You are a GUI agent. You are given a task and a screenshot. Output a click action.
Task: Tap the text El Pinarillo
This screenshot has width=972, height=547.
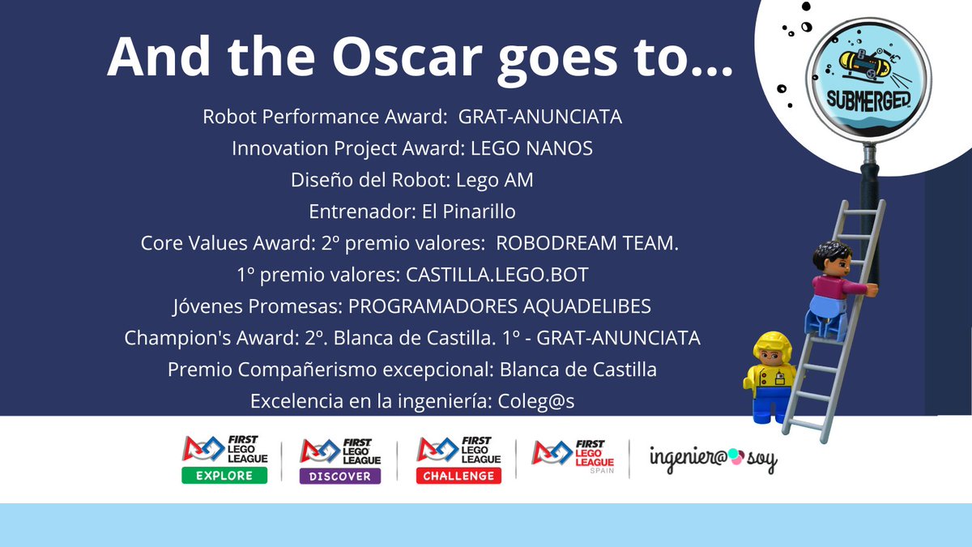click(469, 212)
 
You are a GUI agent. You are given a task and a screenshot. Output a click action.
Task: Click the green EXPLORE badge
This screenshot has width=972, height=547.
click(224, 475)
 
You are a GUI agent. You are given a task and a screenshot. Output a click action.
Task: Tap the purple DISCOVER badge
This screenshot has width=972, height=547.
click(340, 476)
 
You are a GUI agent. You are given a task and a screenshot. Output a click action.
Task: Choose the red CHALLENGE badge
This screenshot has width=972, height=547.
click(458, 476)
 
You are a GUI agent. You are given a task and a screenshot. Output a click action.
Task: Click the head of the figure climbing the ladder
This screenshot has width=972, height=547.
click(830, 260)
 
